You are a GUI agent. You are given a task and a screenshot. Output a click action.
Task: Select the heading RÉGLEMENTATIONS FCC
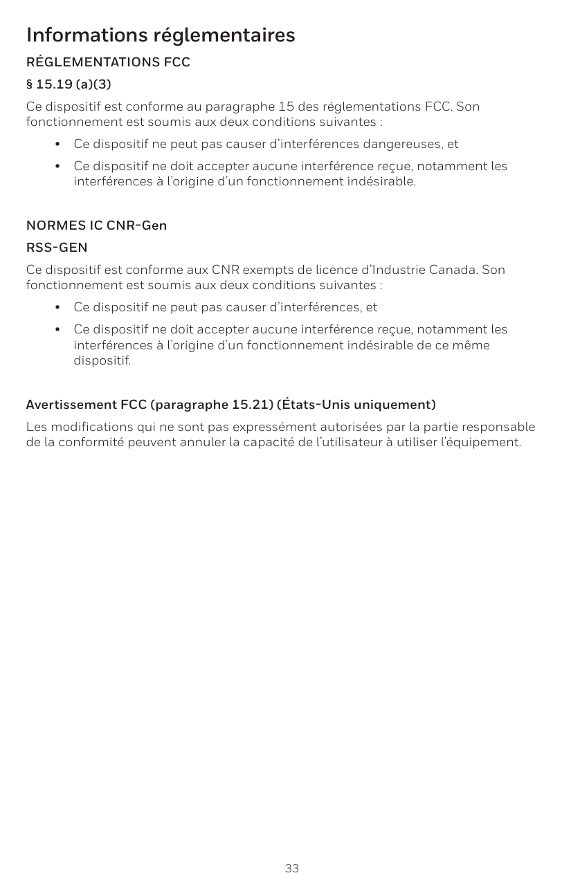(x=108, y=63)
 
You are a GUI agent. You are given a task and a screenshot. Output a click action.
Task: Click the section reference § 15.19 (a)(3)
(x=68, y=85)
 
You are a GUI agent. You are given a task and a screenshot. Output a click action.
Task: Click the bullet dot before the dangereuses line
(x=58, y=145)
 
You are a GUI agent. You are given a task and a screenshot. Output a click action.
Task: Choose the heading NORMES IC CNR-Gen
(x=96, y=226)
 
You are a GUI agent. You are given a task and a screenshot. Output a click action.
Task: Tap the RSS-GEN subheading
(x=57, y=248)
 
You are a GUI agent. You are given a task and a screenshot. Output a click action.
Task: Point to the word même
(x=473, y=344)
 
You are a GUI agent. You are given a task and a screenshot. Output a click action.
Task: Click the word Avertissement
(x=71, y=405)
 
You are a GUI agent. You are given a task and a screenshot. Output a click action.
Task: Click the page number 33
(x=292, y=868)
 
